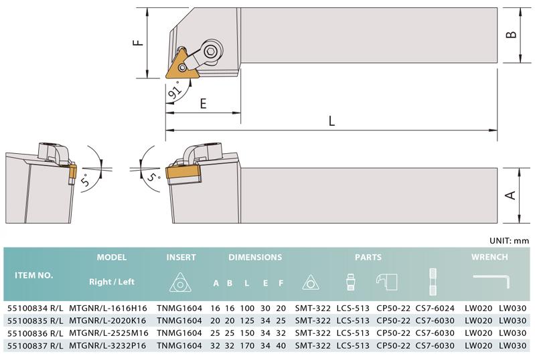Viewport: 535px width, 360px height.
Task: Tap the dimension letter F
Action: (x=139, y=43)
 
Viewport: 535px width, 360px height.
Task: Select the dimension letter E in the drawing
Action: (x=204, y=103)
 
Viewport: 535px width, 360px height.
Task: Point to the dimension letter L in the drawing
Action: (x=331, y=120)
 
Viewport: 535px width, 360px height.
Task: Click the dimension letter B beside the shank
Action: (x=511, y=34)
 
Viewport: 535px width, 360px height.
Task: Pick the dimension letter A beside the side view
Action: (x=511, y=195)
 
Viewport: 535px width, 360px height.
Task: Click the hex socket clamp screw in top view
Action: (x=212, y=52)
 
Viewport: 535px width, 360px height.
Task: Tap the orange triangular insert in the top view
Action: (x=179, y=65)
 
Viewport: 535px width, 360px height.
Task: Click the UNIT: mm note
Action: (x=510, y=241)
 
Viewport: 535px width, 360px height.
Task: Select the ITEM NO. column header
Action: (x=33, y=276)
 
